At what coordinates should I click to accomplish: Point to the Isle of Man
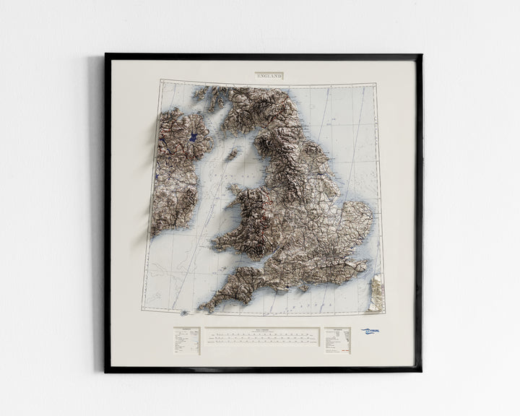point(233,153)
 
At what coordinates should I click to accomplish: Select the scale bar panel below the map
point(261,337)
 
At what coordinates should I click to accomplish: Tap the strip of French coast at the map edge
point(376,292)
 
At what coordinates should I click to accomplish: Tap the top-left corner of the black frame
point(107,56)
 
